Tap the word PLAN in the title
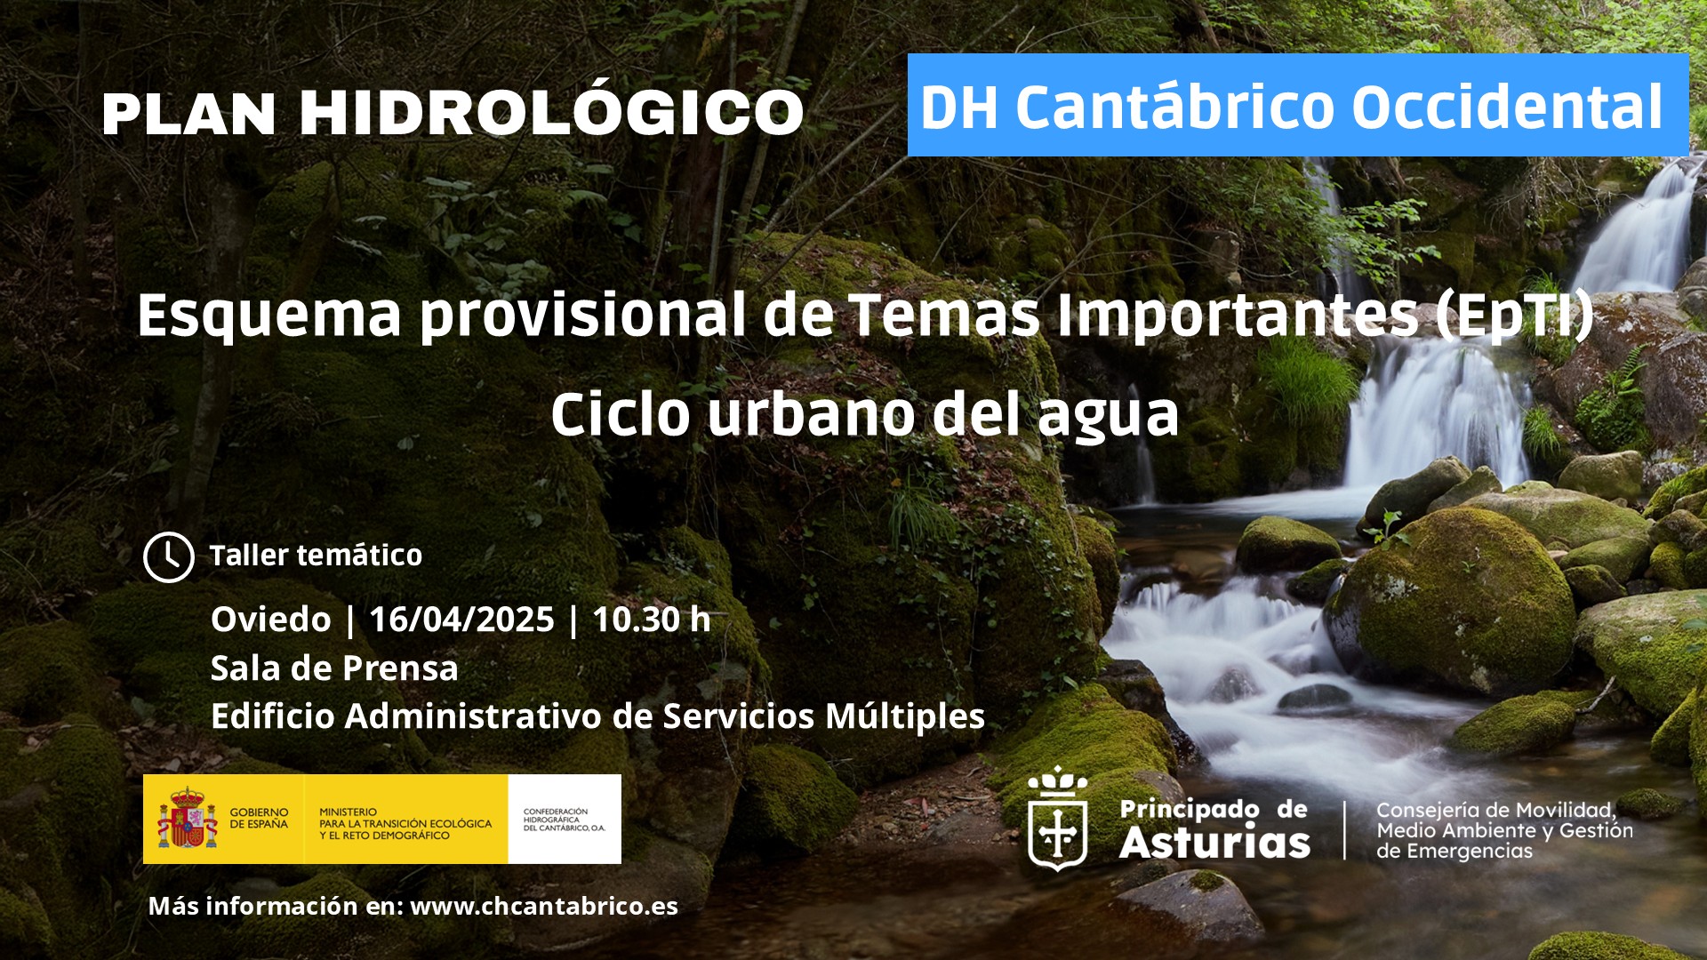pyautogui.click(x=189, y=115)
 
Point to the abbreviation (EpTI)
pyautogui.click(x=1514, y=316)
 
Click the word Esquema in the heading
pyautogui.click(x=269, y=316)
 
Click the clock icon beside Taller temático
pyautogui.click(x=168, y=557)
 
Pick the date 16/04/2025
pyautogui.click(x=461, y=620)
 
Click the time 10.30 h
pyautogui.click(x=651, y=620)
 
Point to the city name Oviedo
pyautogui.click(x=270, y=620)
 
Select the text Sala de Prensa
pyautogui.click(x=334, y=668)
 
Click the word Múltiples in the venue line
pyautogui.click(x=905, y=716)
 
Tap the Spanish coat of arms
pyautogui.click(x=187, y=819)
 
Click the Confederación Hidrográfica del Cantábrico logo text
pyautogui.click(x=564, y=820)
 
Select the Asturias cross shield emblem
pyautogui.click(x=1057, y=819)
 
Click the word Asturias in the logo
pyautogui.click(x=1214, y=842)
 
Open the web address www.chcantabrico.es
pyautogui.click(x=544, y=906)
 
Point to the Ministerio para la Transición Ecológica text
pyautogui.click(x=405, y=824)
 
